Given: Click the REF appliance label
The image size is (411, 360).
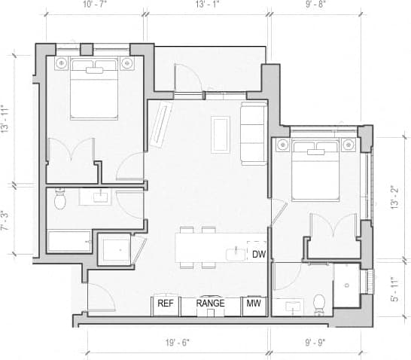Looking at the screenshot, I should point(166,304).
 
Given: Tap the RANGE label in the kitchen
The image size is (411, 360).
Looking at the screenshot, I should point(211,304).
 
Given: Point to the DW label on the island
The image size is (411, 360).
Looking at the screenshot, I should point(259,253).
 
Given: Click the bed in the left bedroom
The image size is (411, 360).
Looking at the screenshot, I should point(94,92).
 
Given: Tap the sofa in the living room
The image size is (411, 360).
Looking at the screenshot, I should point(252,133).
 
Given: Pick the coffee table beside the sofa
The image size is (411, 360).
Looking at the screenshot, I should point(221,133).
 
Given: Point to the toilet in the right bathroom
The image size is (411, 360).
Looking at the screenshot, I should point(318,303).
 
